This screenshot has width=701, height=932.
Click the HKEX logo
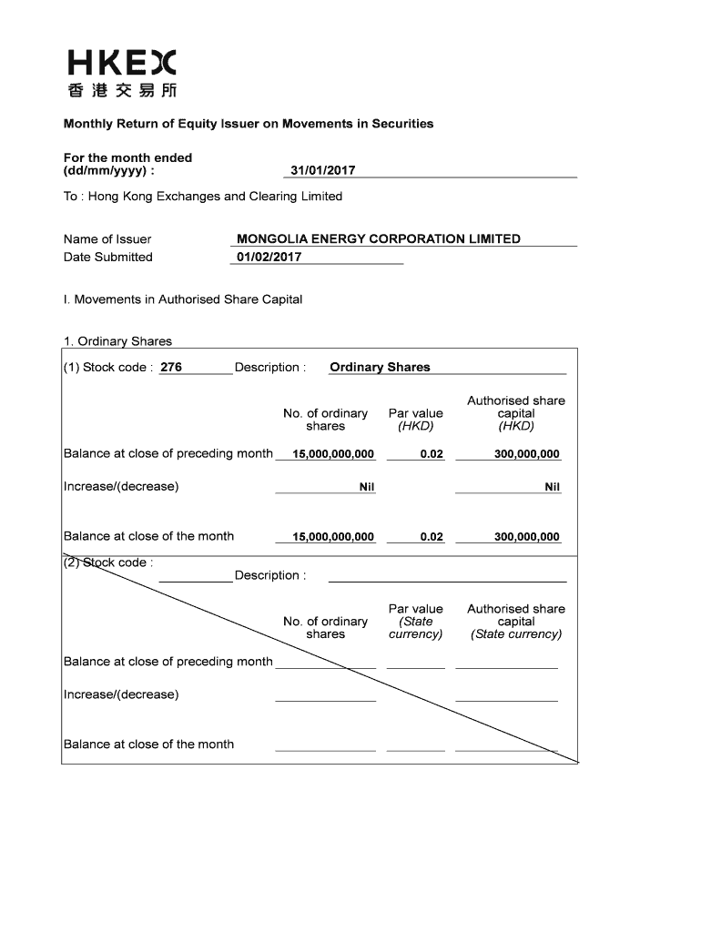click(122, 73)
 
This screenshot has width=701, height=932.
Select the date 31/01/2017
click(322, 170)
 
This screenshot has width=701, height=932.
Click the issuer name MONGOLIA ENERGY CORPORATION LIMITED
click(378, 238)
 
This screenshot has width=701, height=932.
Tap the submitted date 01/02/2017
click(269, 257)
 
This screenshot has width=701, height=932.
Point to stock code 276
click(171, 368)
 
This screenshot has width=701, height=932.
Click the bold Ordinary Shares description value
click(380, 368)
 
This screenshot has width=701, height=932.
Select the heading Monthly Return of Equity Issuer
click(248, 123)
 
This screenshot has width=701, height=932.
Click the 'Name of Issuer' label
click(107, 239)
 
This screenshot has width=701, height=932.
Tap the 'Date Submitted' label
click(108, 257)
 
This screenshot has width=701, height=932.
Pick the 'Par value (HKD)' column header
click(415, 420)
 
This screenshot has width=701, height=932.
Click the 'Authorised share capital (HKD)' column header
click(515, 413)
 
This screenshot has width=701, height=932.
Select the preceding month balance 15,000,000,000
click(333, 454)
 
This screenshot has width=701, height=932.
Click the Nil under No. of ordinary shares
click(367, 487)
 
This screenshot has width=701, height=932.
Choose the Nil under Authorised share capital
click(552, 487)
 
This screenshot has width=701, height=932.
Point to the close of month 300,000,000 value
click(526, 537)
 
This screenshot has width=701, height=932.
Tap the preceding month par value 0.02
click(432, 454)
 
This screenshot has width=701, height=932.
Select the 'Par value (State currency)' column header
click(415, 622)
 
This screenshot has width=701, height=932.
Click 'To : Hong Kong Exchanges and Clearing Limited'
click(203, 197)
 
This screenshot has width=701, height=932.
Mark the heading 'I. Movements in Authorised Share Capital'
click(183, 299)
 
